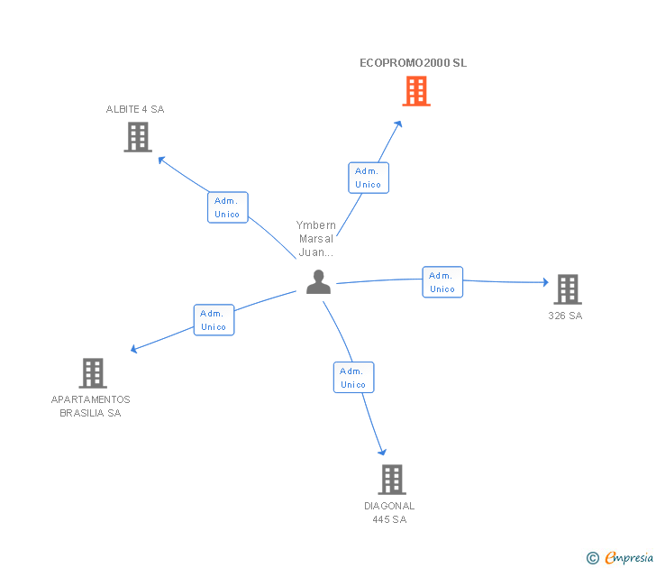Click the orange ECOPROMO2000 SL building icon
click(x=416, y=91)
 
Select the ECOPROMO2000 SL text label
click(x=414, y=63)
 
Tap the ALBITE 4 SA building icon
click(x=138, y=137)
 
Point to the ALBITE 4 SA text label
click(x=135, y=109)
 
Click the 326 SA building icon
click(x=568, y=289)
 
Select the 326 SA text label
click(x=565, y=316)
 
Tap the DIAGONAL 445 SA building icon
click(x=392, y=480)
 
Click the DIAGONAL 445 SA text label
click(x=389, y=513)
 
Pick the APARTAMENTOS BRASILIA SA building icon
click(x=93, y=373)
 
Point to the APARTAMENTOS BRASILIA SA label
click(x=90, y=406)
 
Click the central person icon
click(x=318, y=281)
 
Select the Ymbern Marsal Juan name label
click(x=316, y=239)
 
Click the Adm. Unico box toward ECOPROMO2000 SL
click(x=369, y=178)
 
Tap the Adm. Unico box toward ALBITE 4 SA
click(x=228, y=207)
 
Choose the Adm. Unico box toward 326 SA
click(x=442, y=282)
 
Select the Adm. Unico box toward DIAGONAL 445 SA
click(x=354, y=377)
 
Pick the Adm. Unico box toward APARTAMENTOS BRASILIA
click(x=214, y=320)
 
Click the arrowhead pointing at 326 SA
click(x=545, y=282)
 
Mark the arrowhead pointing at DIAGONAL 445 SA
click(x=382, y=452)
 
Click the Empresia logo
click(x=620, y=557)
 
